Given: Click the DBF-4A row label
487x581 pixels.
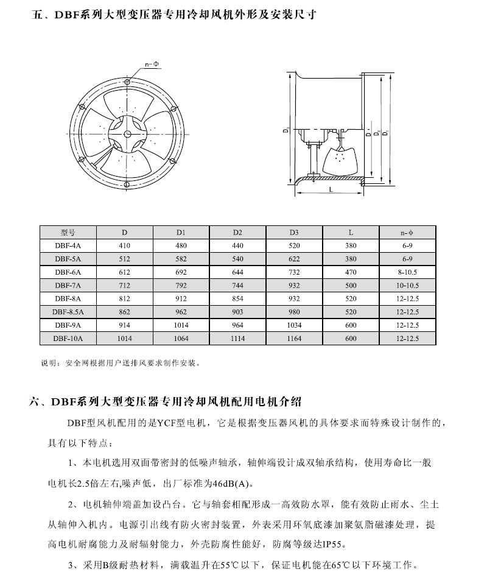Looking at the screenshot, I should (67, 246).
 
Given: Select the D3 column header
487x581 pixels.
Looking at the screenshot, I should (294, 233).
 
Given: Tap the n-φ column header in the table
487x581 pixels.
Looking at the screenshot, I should (407, 233).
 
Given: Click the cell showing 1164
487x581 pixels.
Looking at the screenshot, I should (294, 339).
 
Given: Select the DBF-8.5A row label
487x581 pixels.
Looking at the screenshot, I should (67, 312).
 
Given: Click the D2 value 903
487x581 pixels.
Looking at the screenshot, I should (237, 312).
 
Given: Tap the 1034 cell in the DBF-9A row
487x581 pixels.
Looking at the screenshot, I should (294, 325).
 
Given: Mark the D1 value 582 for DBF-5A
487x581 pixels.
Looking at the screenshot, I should (181, 259).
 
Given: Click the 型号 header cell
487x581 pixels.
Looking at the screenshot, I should (67, 233).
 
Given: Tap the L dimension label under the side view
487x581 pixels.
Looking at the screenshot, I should (329, 189).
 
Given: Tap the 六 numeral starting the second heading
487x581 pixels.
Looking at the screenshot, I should (36, 402).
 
